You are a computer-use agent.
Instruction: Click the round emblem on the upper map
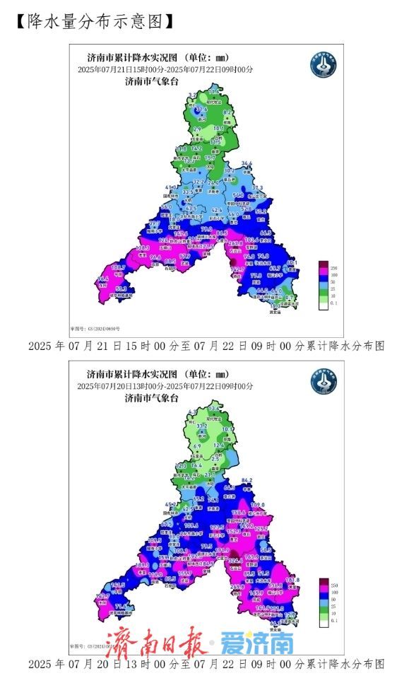click(324, 65)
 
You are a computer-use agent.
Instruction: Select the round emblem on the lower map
click(324, 382)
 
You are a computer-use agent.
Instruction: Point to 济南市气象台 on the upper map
click(152, 81)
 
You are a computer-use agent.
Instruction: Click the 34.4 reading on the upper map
click(247, 164)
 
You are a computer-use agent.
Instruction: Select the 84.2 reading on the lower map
click(247, 481)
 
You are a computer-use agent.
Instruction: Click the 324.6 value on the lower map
click(235, 560)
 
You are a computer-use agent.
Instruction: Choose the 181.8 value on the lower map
click(292, 580)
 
